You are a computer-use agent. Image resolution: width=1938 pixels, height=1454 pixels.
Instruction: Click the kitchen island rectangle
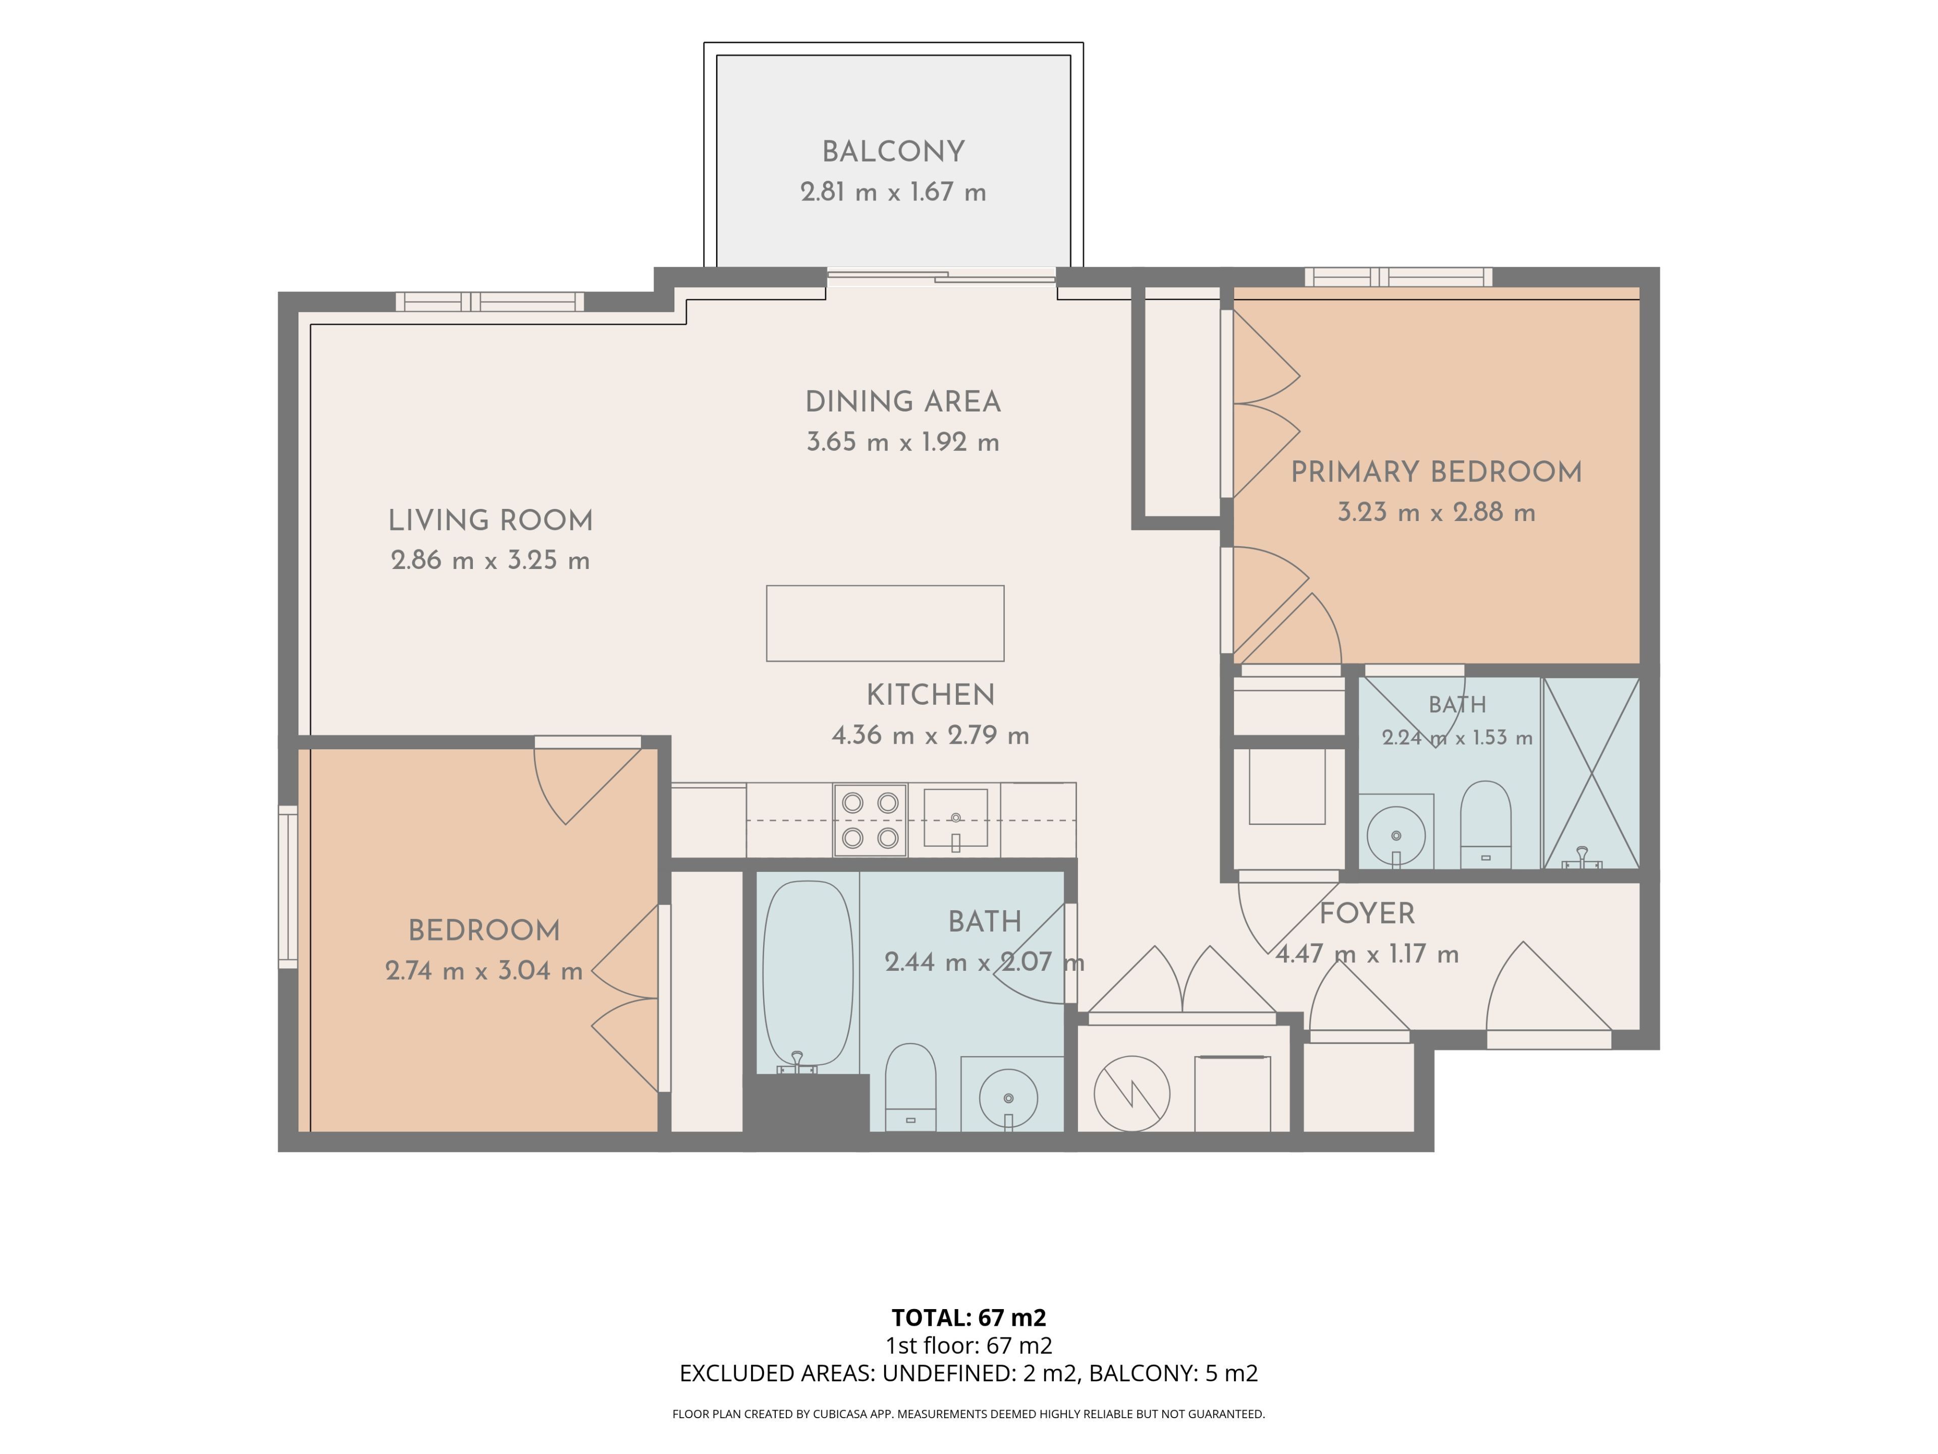tap(885, 623)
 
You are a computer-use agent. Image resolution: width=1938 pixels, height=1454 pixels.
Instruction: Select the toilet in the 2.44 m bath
tap(910, 1087)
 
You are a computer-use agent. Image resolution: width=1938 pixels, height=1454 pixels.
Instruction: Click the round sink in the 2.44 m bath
tap(1008, 1097)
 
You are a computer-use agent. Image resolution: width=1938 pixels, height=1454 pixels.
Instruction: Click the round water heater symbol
tap(1132, 1094)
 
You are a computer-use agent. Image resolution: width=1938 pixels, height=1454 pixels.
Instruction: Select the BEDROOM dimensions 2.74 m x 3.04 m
tap(483, 971)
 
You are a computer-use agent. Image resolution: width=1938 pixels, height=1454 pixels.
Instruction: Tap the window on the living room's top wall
tap(490, 301)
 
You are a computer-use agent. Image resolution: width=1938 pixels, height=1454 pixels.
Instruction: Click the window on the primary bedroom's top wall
tap(1398, 277)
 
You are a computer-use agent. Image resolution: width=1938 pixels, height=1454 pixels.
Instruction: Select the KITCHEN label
tap(931, 695)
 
